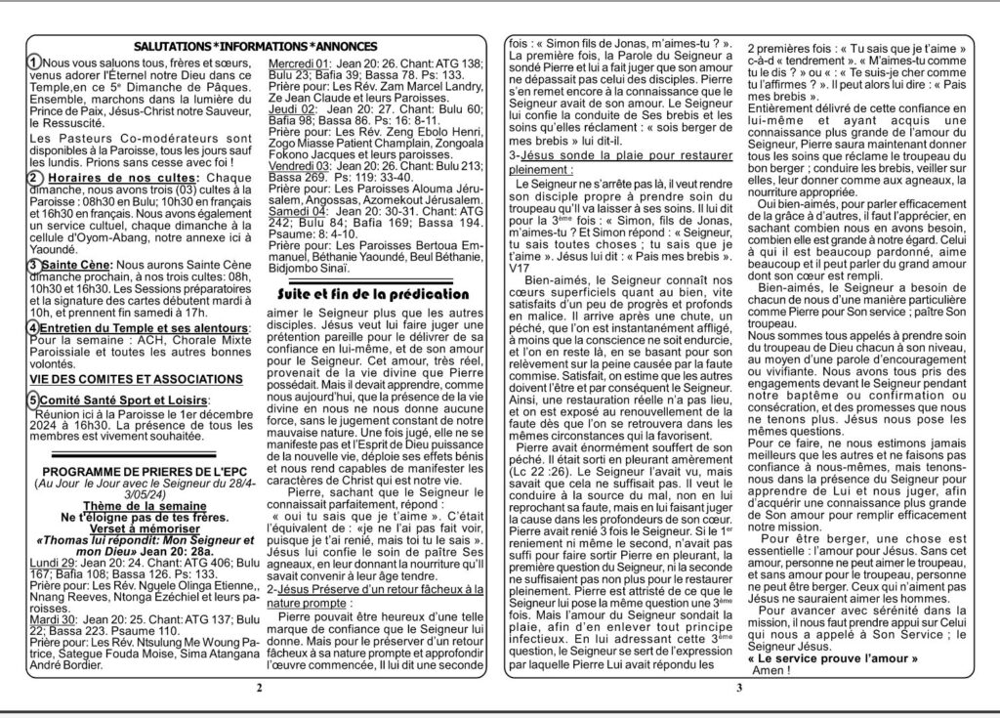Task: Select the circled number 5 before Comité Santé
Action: click(x=34, y=401)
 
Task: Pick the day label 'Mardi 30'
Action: click(x=51, y=617)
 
